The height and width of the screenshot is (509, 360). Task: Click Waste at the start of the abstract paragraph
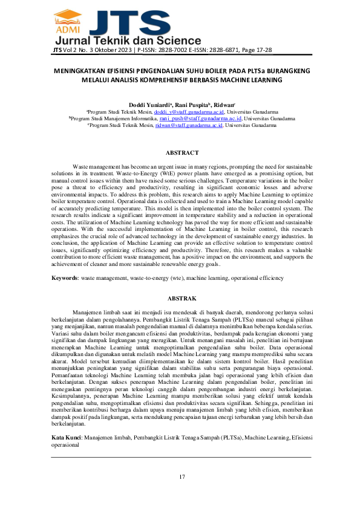(x=81, y=166)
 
